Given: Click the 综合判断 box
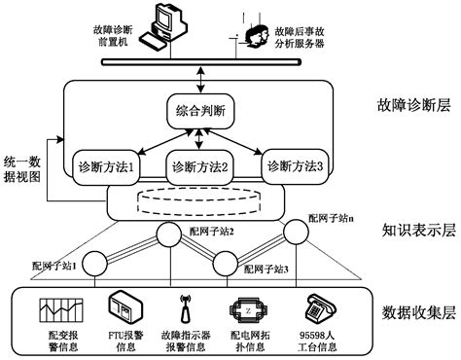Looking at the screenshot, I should [199, 111].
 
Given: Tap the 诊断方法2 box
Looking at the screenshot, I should [199, 166].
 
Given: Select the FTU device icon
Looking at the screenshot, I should [122, 309].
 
